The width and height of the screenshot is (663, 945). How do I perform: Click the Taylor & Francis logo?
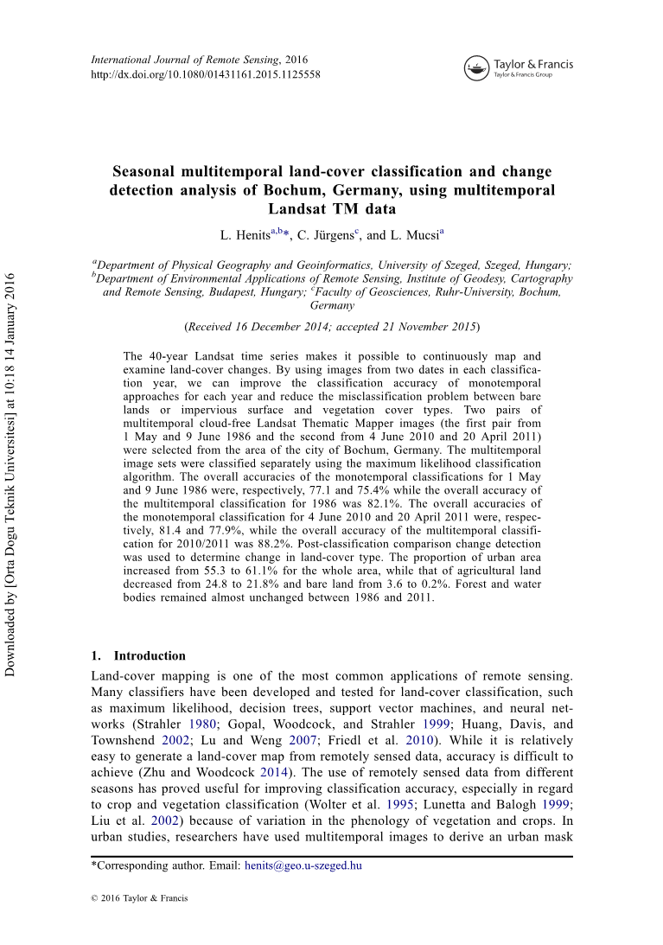[x=519, y=67]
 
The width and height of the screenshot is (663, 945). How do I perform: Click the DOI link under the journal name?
[x=205, y=74]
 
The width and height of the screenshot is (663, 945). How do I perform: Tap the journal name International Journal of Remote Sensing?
[x=185, y=60]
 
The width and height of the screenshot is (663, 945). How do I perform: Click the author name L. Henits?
[x=245, y=235]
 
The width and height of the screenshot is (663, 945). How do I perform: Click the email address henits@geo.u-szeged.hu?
[x=303, y=865]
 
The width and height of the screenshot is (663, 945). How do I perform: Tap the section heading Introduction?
[x=150, y=655]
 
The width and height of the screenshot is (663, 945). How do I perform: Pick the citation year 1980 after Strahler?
[x=201, y=724]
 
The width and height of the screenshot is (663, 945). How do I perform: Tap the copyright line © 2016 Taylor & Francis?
[x=139, y=898]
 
